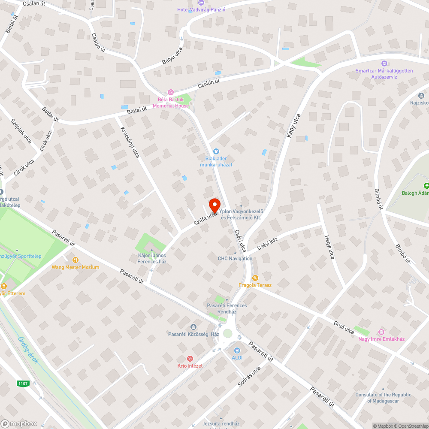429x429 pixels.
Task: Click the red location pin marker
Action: [214, 204]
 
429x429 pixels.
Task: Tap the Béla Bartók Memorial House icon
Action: [171, 92]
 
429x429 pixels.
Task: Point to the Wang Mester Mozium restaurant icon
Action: [76, 260]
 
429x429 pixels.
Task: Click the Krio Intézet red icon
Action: [190, 359]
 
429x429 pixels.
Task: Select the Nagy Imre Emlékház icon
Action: [381, 332]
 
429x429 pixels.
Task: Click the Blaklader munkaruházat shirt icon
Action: [216, 151]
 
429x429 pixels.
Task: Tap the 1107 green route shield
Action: [23, 383]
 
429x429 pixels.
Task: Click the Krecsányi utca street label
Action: [130, 142]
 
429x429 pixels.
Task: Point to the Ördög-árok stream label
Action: [28, 349]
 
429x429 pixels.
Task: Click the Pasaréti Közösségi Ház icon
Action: [193, 327]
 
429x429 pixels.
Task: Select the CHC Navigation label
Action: [235, 258]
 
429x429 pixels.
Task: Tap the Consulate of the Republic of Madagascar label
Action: [383, 398]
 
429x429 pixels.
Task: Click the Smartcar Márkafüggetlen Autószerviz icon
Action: [384, 63]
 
